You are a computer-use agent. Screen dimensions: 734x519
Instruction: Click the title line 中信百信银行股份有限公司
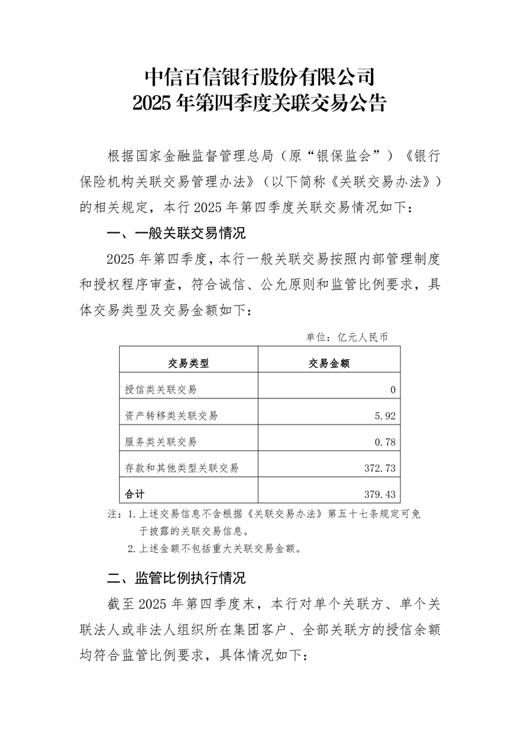tap(259, 77)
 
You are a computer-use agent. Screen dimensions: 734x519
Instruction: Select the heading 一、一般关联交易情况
tap(175, 233)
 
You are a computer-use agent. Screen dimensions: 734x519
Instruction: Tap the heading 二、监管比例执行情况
tap(175, 578)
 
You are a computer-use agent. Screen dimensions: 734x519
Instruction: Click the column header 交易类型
tap(188, 364)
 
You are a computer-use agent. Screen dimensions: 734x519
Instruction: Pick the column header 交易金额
tap(329, 364)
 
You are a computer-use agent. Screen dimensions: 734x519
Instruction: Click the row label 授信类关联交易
tap(160, 390)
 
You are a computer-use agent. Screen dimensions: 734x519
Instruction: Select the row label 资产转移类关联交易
tap(171, 415)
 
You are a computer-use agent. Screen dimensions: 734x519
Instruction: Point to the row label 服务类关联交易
tap(160, 442)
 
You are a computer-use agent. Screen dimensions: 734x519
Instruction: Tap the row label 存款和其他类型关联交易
tap(181, 467)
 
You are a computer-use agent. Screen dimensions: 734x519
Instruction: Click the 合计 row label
tap(134, 493)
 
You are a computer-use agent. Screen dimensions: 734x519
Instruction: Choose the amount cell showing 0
tap(393, 390)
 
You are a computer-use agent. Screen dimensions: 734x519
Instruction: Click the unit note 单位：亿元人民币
tap(347, 338)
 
